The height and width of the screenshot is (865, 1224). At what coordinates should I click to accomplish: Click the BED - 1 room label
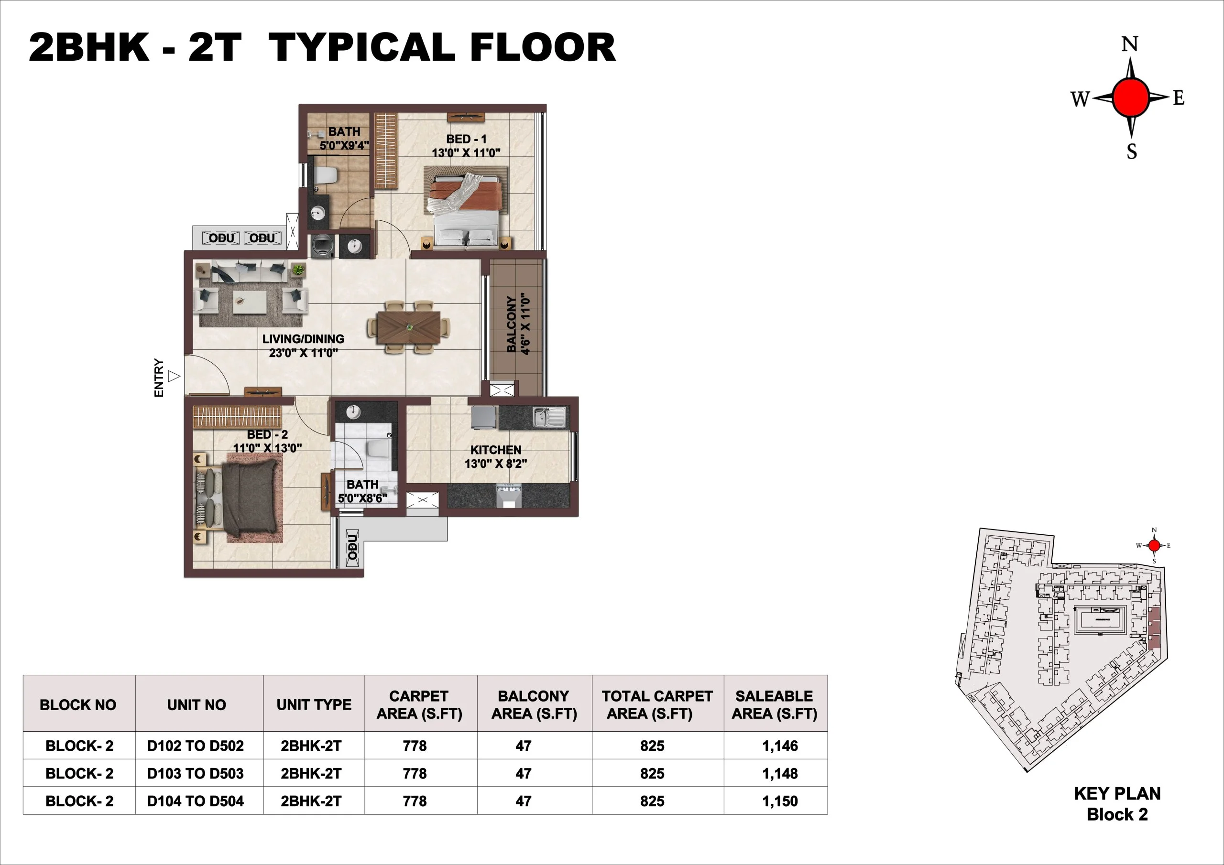(466, 145)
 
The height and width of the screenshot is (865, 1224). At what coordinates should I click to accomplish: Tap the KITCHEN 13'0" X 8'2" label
(496, 457)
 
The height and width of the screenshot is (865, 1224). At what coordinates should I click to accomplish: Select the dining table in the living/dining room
(409, 327)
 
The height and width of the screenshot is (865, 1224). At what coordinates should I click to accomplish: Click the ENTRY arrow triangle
(174, 377)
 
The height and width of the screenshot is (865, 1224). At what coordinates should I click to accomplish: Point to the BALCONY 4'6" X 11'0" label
(518, 324)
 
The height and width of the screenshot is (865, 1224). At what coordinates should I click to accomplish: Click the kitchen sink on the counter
(549, 417)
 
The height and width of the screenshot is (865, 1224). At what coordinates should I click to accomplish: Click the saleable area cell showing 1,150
(779, 801)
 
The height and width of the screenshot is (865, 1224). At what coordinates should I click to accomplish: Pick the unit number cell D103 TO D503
(196, 773)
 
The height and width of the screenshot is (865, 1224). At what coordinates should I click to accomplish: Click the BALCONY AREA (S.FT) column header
(534, 704)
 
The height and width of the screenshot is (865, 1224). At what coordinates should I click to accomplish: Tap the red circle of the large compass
(1130, 97)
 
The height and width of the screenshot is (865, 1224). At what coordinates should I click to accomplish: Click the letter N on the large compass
(1130, 43)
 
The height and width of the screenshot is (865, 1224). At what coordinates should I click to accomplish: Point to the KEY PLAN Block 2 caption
(1117, 804)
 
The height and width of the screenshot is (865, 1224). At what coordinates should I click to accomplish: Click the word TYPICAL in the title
(362, 48)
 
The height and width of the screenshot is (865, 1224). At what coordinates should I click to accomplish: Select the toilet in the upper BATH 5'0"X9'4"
(326, 175)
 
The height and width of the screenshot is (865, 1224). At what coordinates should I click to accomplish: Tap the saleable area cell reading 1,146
(779, 746)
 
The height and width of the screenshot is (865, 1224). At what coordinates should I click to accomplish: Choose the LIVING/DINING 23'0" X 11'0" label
(303, 346)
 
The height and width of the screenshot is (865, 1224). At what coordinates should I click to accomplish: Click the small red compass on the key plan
(1154, 545)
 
